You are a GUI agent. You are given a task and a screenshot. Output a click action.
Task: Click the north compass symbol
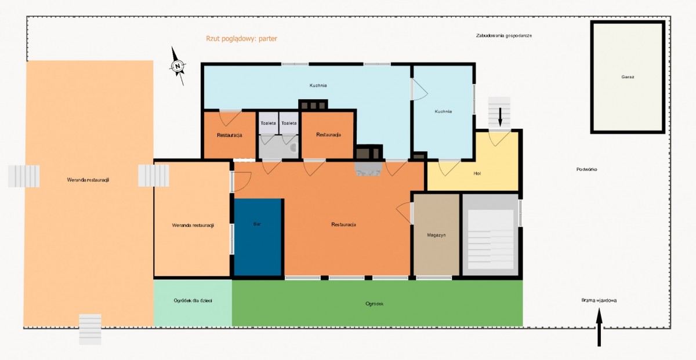[177, 66]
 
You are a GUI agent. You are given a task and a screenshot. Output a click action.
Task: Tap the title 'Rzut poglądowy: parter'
[241, 38]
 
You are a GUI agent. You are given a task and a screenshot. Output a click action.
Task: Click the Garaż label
[628, 77]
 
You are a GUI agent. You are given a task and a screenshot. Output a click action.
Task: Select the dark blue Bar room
[258, 237]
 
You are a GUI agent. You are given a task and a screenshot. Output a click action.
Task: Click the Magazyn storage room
[436, 235]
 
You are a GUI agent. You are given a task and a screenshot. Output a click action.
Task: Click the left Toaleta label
[268, 123]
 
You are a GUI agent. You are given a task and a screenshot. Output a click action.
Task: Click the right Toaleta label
[289, 123]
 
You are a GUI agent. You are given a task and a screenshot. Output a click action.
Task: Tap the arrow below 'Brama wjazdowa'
[599, 327]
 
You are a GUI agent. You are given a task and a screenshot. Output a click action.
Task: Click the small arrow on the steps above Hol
[500, 117]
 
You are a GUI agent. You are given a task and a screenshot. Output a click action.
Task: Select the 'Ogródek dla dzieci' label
[193, 301]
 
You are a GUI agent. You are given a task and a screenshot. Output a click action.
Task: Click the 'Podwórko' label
[586, 169]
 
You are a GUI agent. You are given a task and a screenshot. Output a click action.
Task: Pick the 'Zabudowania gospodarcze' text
[503, 36]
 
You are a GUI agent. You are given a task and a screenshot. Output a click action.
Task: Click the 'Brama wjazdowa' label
[599, 300]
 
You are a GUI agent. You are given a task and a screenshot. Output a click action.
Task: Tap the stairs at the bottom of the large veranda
[90, 329]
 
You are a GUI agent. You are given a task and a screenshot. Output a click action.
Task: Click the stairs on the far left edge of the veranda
[24, 176]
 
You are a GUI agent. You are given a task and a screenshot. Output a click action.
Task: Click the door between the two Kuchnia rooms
[419, 89]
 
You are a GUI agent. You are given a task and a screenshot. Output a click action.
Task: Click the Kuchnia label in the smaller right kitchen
[443, 111]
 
